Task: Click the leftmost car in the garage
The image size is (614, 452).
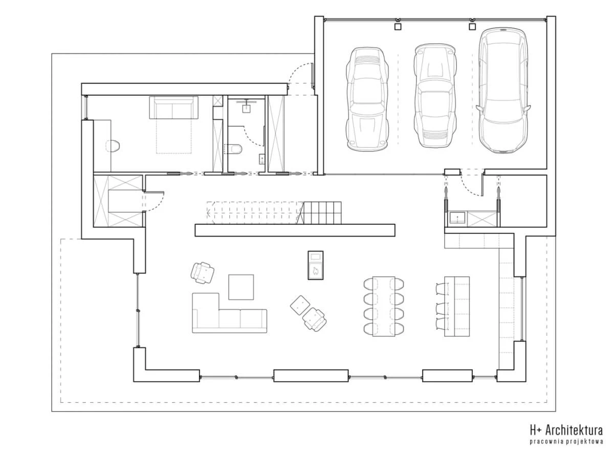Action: (367, 99)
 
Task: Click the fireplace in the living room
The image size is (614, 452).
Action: (316, 265)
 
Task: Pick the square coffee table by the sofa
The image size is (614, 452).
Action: (241, 287)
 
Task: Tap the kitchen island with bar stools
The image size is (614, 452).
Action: (457, 306)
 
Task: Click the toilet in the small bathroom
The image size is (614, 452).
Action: (233, 149)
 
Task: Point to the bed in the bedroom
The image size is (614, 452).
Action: (174, 125)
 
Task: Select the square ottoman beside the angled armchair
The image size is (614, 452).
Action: (300, 305)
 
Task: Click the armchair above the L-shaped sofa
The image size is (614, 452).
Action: (203, 273)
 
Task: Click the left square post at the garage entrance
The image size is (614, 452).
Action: (398, 27)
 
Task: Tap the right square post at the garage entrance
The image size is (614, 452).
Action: (472, 27)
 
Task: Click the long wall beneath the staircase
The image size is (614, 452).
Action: (295, 230)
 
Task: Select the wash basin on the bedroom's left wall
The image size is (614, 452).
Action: (113, 146)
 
